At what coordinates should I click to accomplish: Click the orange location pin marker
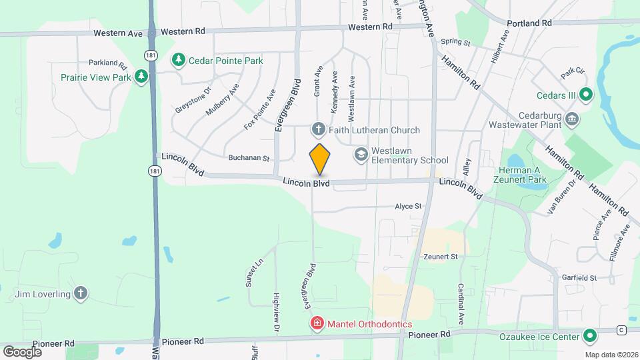pyautogui.click(x=320, y=159)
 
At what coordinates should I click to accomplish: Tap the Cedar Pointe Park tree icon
pyautogui.click(x=178, y=61)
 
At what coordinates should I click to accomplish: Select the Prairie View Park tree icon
pyautogui.click(x=141, y=77)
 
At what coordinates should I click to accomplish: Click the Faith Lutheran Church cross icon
pyautogui.click(x=318, y=129)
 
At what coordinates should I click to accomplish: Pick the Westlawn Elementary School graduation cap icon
pyautogui.click(x=361, y=155)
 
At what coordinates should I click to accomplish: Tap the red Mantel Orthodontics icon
pyautogui.click(x=317, y=324)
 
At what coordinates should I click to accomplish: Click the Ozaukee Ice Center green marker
pyautogui.click(x=589, y=336)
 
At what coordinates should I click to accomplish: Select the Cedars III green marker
pyautogui.click(x=585, y=95)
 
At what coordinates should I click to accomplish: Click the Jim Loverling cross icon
pyautogui.click(x=81, y=293)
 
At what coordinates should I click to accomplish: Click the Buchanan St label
pyautogui.click(x=247, y=159)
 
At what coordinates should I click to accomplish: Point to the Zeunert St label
pyautogui.click(x=440, y=256)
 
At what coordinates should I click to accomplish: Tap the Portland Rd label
pyautogui.click(x=529, y=23)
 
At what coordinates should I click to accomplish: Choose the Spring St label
pyautogui.click(x=455, y=43)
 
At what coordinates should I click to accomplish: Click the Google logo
pyautogui.click(x=22, y=351)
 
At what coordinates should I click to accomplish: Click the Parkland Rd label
pyautogui.click(x=107, y=65)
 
